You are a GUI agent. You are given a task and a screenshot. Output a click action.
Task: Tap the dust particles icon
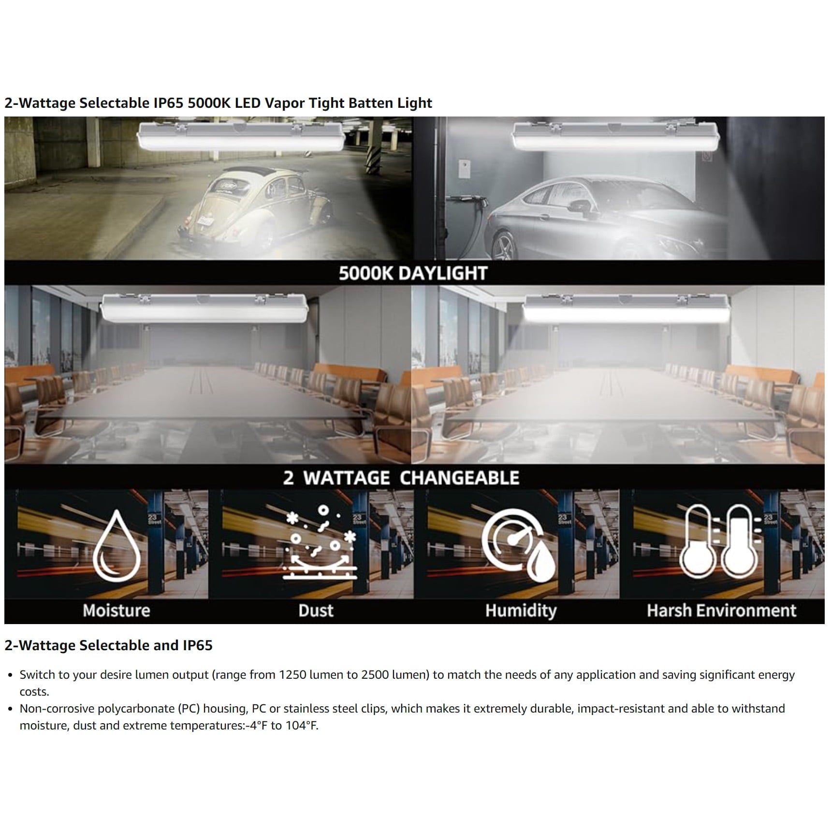pos(320,542)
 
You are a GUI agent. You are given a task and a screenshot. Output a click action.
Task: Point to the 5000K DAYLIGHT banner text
pos(413,273)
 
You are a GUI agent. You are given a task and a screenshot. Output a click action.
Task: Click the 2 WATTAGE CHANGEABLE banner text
pos(401,478)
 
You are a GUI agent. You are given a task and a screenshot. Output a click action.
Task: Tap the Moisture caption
pos(117,611)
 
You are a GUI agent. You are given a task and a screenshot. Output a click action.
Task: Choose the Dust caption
pos(316,611)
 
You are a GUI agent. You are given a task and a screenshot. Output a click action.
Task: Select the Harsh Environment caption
pos(721,611)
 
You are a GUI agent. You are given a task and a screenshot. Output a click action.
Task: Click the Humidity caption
pos(521,611)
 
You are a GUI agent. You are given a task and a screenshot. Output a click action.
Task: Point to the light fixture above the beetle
pos(241,136)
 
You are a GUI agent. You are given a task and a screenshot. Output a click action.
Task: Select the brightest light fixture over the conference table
pos(627,309)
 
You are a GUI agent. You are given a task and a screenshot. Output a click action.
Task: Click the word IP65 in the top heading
pos(169,103)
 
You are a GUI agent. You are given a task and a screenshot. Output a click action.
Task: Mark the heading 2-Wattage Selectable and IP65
pos(108,645)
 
